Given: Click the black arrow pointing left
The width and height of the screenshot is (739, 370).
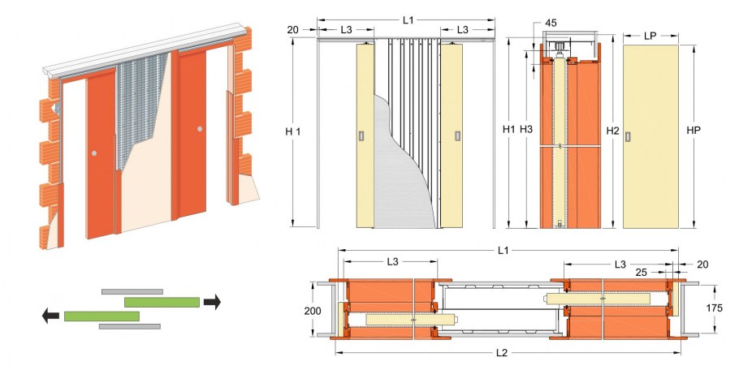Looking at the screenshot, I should click(51, 316).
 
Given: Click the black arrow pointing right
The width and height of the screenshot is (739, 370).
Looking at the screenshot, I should click(212, 302).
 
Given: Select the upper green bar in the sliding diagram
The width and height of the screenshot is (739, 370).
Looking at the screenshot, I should click(162, 302).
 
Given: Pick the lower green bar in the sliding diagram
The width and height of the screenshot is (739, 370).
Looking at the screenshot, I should click(102, 316).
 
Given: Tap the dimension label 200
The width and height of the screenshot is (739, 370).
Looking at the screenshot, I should click(313, 310).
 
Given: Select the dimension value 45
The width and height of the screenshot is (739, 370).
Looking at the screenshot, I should click(551, 22).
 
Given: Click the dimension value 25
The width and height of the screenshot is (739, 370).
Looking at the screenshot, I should click(641, 273).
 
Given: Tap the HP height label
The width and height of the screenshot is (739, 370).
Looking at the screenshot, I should click(693, 130).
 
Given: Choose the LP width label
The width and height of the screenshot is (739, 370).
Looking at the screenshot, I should click(650, 37).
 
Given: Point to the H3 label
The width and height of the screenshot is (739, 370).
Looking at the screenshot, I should click(526, 130).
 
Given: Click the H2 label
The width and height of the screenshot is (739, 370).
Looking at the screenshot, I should click(612, 130).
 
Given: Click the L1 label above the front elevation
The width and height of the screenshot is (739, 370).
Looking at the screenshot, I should click(408, 19).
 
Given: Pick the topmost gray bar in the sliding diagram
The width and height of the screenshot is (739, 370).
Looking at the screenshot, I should click(132, 290).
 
